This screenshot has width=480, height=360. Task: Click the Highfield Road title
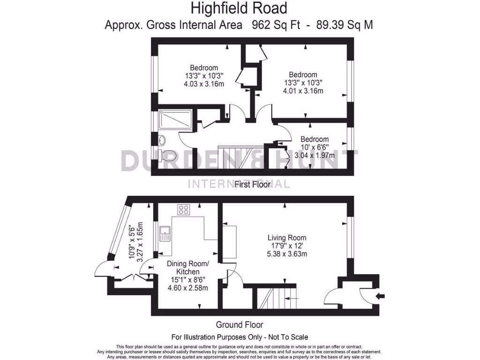pos(239,8)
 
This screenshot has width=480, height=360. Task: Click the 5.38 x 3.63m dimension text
pos(287,255)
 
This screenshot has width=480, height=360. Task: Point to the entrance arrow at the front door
pos(381,295)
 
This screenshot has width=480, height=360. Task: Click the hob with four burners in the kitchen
pos(183,210)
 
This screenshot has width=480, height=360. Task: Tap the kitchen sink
pos(165,233)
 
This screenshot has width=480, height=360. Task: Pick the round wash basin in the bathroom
pos(162,139)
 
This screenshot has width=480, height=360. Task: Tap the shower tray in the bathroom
pos(175,120)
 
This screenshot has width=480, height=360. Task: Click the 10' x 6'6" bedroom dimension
pos(315,147)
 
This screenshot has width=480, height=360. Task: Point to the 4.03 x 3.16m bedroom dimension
pos(203,84)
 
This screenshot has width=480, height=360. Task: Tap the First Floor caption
pos(253,185)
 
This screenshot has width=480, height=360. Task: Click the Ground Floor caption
pos(239,324)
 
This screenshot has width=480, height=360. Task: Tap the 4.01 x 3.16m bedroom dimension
pos(303,91)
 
